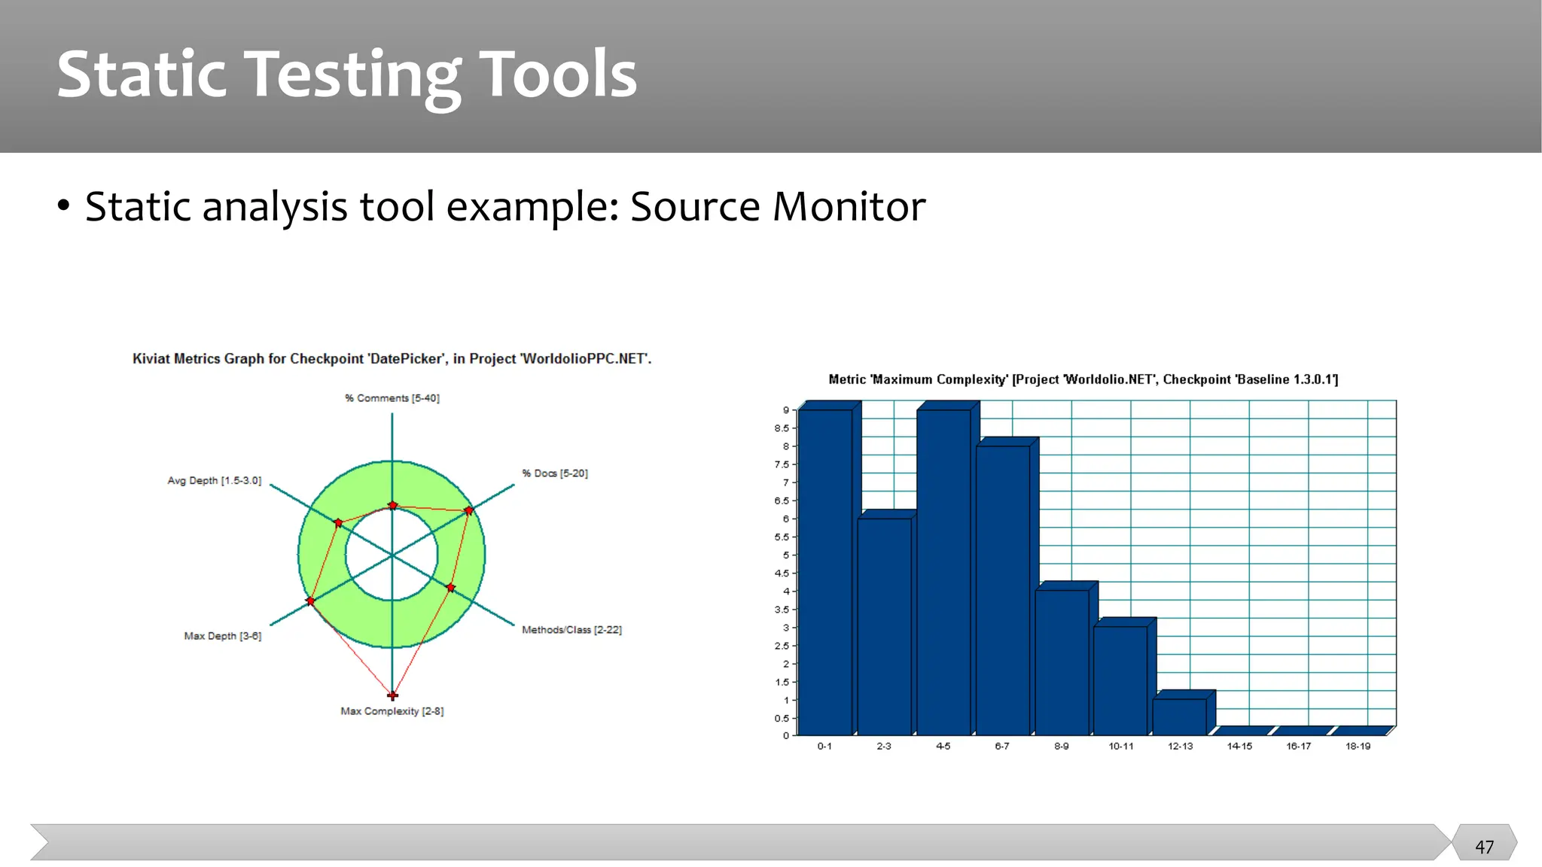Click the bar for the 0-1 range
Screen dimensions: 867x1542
825,572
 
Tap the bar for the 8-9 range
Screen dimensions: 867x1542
1062,662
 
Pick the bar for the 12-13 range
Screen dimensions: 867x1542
1179,716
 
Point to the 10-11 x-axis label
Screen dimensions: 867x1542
1120,746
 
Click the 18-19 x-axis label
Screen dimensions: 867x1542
1358,746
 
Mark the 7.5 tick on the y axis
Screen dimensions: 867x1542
782,464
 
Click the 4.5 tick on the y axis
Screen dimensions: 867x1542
782,573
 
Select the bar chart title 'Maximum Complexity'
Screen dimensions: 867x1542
1083,379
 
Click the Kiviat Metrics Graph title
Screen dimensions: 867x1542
392,359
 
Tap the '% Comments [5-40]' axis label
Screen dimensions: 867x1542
392,398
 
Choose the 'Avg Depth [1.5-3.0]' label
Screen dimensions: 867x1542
215,480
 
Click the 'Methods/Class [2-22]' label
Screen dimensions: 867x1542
571,630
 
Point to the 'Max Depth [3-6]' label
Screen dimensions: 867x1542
223,636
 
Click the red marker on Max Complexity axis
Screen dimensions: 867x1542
392,695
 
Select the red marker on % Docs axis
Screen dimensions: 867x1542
469,510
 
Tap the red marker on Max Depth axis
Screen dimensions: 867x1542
310,601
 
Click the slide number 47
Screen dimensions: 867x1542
1484,847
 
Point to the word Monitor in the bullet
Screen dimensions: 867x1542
849,206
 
